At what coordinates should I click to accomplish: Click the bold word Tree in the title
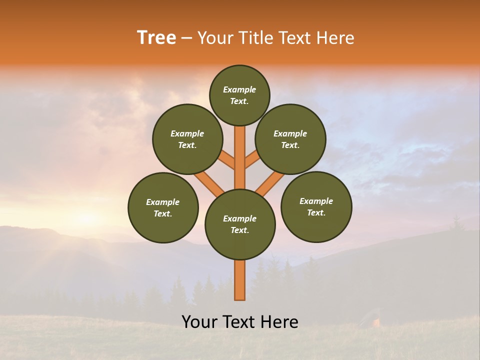click(156, 38)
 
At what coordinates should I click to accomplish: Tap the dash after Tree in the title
click(186, 38)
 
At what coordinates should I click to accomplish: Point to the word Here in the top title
click(337, 38)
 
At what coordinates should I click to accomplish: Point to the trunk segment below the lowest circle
click(240, 280)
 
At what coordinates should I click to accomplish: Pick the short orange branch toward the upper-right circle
click(252, 159)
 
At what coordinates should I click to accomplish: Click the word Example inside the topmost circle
click(239, 90)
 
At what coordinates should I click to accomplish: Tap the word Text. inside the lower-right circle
click(316, 212)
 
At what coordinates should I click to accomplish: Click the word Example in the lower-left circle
click(162, 202)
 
